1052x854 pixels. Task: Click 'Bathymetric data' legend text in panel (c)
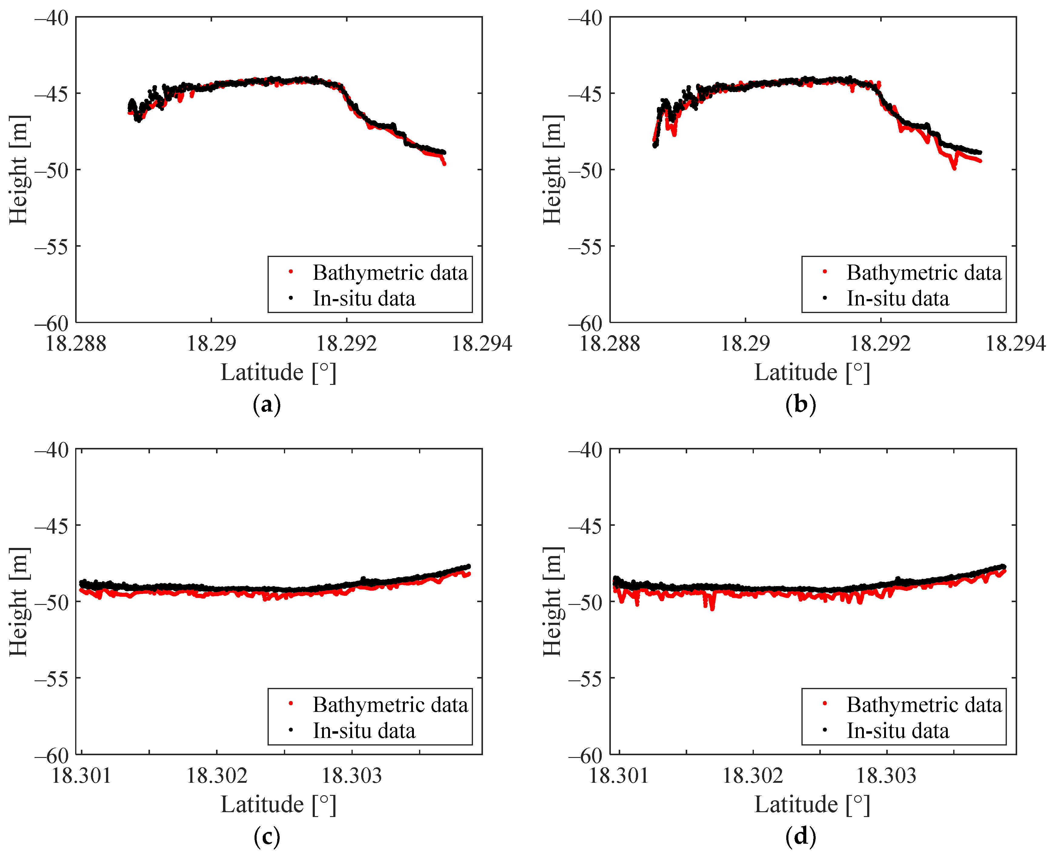tap(390, 705)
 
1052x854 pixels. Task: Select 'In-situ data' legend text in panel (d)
tap(897, 731)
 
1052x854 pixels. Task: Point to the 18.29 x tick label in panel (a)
tap(211, 343)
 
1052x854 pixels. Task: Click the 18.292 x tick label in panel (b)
tap(881, 343)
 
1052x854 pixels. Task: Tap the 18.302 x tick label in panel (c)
tap(216, 776)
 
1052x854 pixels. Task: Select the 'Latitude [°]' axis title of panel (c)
tap(278, 805)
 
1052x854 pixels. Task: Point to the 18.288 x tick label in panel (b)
tap(610, 343)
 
